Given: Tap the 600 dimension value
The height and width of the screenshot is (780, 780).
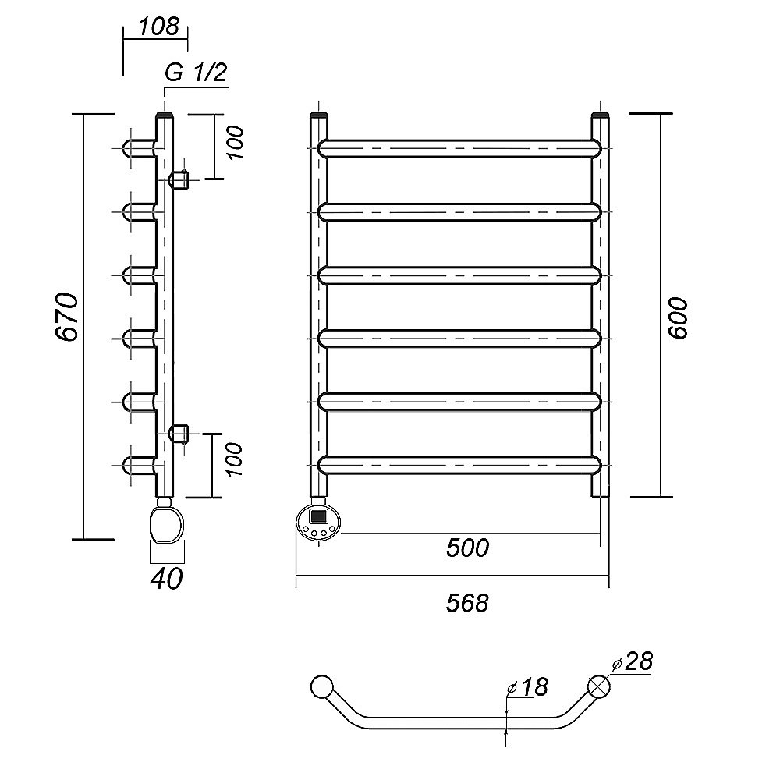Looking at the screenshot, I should tap(678, 317).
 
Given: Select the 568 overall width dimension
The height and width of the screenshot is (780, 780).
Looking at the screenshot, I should tap(468, 602).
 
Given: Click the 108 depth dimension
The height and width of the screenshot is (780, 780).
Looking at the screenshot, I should tap(158, 26).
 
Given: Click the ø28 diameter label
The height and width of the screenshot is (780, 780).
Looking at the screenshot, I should tap(633, 663).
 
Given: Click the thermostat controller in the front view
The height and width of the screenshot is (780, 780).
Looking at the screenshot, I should tap(318, 520).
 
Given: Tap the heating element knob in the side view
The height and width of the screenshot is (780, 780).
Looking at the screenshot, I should tap(167, 523).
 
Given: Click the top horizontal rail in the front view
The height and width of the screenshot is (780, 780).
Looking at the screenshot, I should tap(460, 148).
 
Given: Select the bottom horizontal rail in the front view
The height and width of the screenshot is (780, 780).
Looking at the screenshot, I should tap(460, 465).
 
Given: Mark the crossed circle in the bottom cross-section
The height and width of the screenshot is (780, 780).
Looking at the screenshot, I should tap(600, 686).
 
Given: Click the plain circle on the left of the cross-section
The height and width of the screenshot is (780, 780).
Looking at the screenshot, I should tap(321, 686).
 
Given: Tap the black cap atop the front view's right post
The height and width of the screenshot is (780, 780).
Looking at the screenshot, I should tap(600, 118).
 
